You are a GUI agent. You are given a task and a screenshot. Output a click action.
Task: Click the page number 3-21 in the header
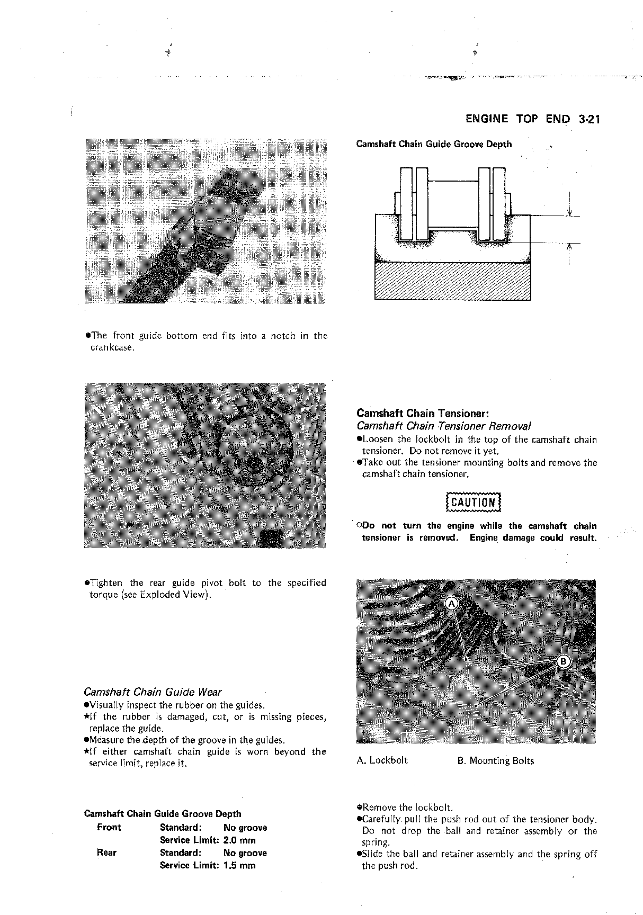pos(588,119)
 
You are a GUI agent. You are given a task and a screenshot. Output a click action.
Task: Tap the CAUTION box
pos(473,502)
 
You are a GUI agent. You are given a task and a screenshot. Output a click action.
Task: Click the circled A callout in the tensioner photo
pos(452,604)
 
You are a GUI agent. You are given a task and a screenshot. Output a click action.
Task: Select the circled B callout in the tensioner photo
pos(563,661)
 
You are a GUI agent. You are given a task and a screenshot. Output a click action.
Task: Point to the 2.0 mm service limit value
pos(239,840)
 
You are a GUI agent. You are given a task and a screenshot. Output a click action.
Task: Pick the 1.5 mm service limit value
pos(239,865)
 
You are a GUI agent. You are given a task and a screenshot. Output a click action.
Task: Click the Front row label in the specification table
pos(109,827)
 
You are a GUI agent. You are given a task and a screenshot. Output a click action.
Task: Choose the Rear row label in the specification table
pos(106,853)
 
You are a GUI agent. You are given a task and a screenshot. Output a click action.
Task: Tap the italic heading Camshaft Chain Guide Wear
pos(153,692)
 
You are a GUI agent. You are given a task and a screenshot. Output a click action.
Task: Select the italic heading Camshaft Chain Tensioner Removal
pos(444,426)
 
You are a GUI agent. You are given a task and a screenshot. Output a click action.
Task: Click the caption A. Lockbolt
pos(382,760)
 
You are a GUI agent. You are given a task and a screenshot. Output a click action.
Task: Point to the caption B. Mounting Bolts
pos(495,761)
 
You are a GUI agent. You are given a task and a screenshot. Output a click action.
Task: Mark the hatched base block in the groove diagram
pos(452,281)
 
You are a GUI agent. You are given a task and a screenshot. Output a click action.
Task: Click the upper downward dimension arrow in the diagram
pos(569,211)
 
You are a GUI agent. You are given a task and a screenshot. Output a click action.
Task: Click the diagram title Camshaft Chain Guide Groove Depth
pos(434,144)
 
